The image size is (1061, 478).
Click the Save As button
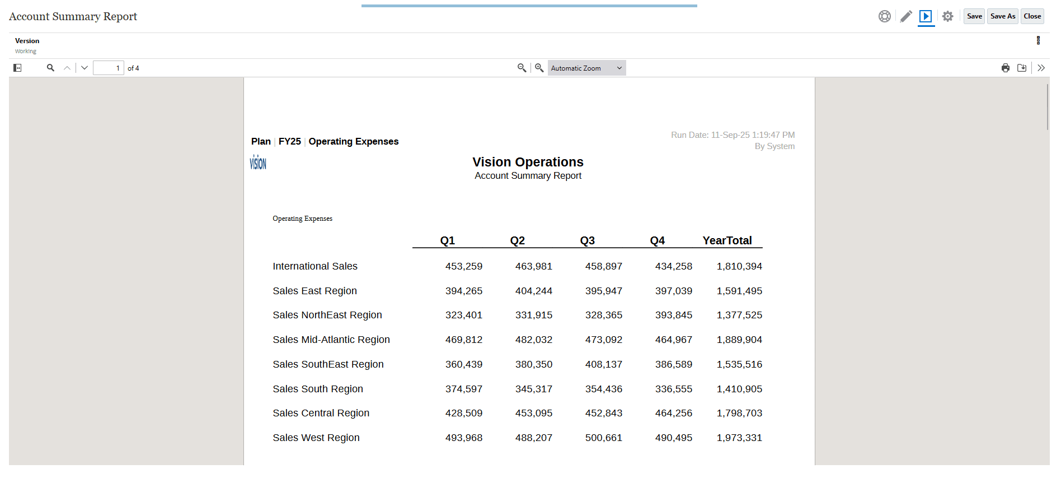coord(1002,16)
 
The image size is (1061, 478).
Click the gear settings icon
coord(947,16)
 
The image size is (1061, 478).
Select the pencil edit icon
coord(906,16)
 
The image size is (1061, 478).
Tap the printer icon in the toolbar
coord(1006,68)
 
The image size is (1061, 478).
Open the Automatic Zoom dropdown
coord(586,68)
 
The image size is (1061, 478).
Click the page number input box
coord(108,68)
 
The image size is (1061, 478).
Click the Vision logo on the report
coord(258,163)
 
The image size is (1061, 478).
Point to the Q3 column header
coord(587,240)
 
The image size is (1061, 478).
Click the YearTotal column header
coord(727,240)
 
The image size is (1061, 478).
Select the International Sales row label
coord(315,266)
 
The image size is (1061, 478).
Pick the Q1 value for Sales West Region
coord(463,438)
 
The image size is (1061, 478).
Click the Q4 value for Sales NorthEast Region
coord(673,315)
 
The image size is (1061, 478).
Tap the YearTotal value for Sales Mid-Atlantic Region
coord(739,340)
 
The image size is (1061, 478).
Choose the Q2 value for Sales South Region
coord(533,389)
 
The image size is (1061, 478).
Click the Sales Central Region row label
coord(321,413)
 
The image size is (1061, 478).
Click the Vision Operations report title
coord(528,162)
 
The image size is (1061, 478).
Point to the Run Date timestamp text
coord(733,135)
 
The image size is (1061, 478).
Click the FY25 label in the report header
coord(289,141)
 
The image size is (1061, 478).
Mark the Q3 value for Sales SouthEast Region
coord(603,364)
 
